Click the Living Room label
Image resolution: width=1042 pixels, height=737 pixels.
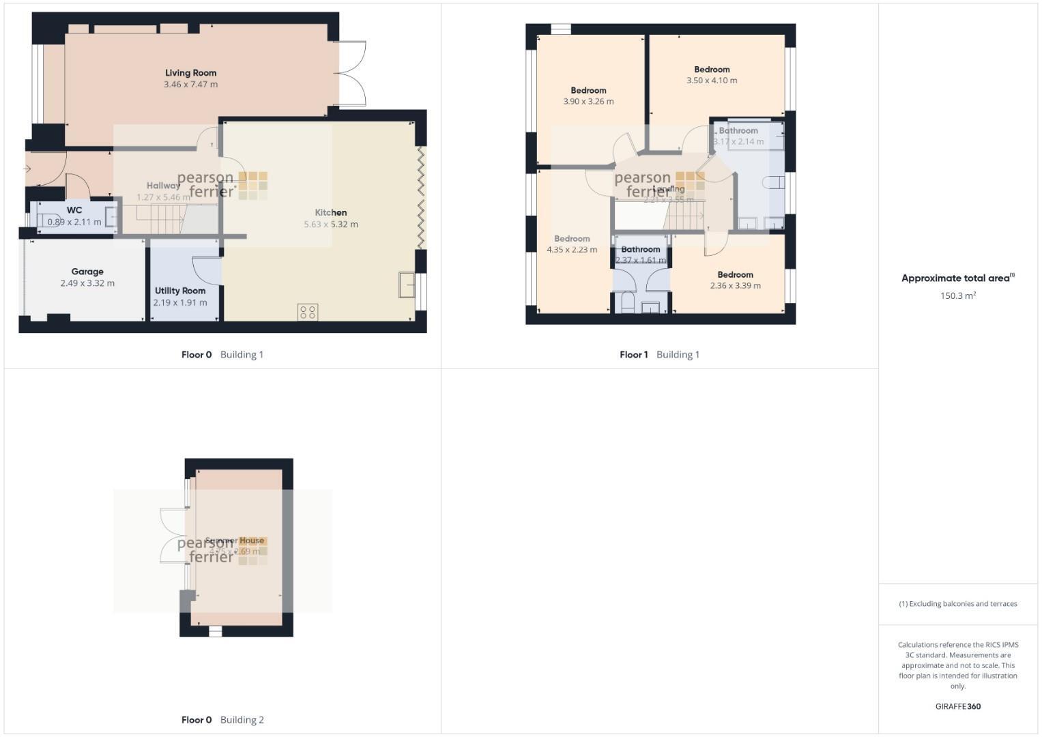coord(190,73)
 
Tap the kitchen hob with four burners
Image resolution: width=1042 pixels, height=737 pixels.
coord(308,312)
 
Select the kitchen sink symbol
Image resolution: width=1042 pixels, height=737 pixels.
coord(407,285)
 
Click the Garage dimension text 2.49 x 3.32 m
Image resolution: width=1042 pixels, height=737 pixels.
coord(87,283)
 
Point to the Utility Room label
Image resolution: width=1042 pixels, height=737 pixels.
coord(180,291)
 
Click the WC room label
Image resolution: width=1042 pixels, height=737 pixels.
coord(74,210)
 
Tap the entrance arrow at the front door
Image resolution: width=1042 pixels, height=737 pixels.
coord(27,169)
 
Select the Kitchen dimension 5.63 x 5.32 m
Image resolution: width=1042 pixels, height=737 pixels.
coord(331,225)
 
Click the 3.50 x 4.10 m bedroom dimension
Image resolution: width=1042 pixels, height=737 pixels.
coord(712,81)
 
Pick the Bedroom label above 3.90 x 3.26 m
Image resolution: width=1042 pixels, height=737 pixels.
coord(588,90)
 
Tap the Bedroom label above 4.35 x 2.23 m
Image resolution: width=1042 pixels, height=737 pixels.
coord(572,239)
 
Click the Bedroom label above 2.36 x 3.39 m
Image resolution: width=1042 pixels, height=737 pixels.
coord(735,275)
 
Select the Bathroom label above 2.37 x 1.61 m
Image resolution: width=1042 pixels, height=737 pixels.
coord(641,250)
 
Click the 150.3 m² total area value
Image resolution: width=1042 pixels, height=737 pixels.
coord(957,296)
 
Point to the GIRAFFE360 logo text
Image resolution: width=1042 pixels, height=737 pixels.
coord(957,706)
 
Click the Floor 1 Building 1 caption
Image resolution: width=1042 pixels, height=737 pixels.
coord(659,355)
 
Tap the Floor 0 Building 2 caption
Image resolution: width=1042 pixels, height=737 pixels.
coord(222,720)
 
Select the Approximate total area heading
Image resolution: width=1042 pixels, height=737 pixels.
coord(957,278)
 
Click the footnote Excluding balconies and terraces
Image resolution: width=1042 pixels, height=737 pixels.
coord(957,604)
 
